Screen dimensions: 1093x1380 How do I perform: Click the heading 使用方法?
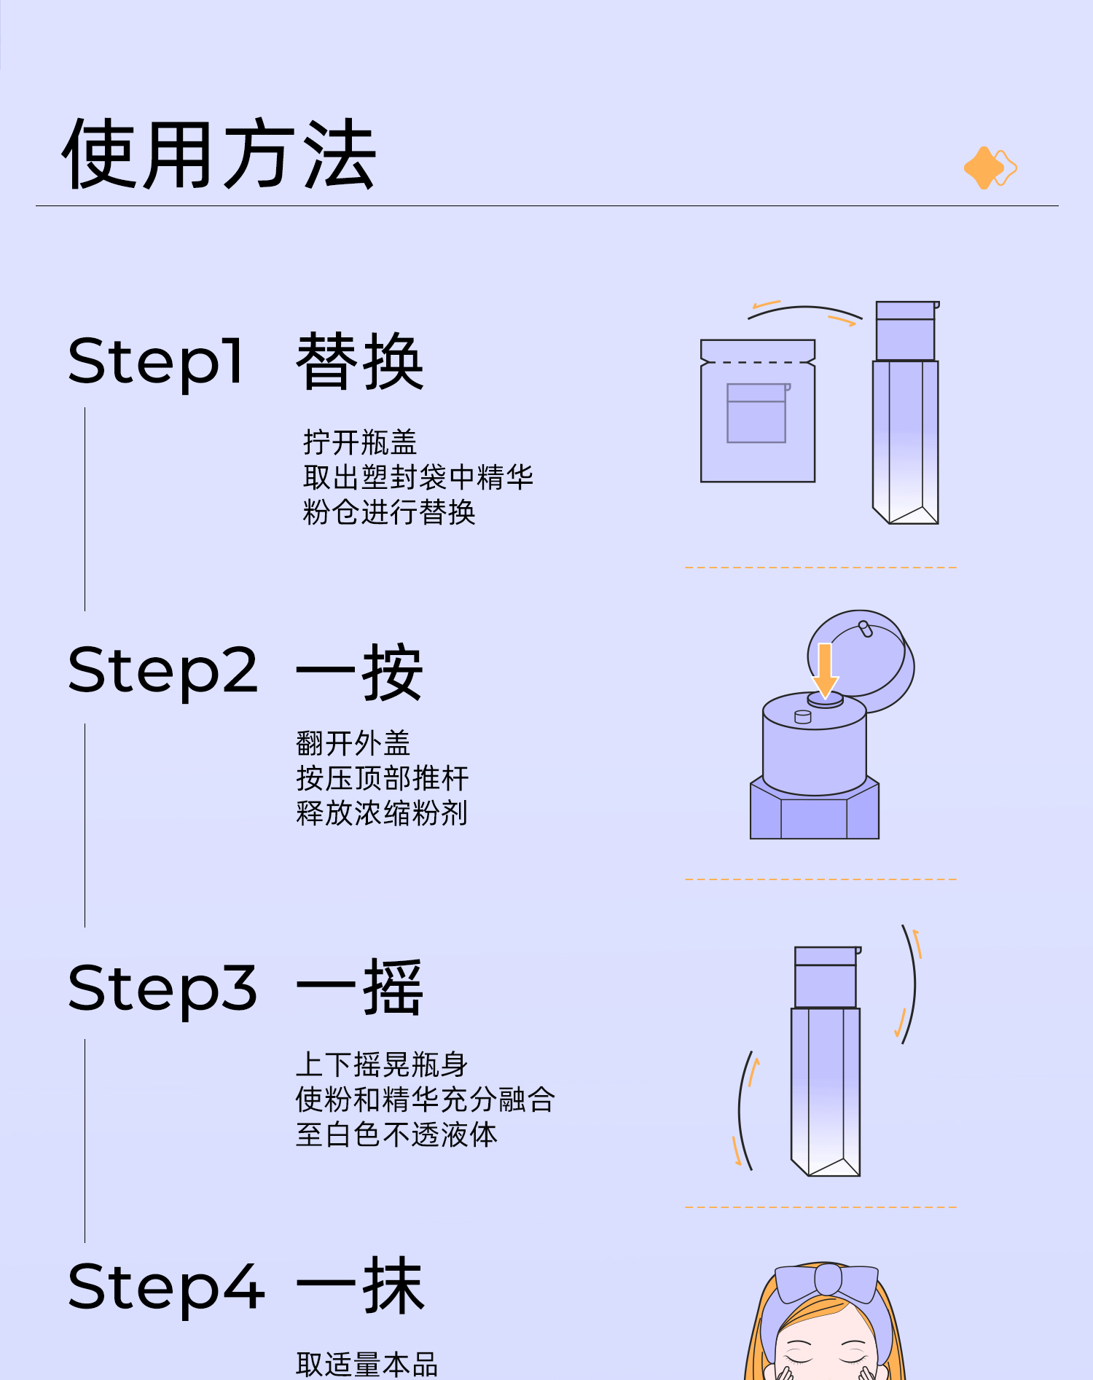coord(219,154)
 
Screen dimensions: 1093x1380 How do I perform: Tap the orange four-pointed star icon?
coord(984,168)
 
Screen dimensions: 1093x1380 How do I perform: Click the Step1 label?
coord(155,361)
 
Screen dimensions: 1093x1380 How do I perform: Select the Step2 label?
coord(162,671)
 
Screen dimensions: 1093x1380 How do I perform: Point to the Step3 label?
coord(162,989)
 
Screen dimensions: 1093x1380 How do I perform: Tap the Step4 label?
coord(165,1287)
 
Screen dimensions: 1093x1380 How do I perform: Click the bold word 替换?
coord(359,361)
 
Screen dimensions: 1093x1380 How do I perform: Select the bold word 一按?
coord(359,671)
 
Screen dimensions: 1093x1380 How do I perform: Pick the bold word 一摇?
coord(359,989)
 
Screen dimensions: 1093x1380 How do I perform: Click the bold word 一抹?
coord(359,1287)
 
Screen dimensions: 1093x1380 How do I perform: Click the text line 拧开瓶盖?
coord(360,442)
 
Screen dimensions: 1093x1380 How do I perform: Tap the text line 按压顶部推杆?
coord(382,778)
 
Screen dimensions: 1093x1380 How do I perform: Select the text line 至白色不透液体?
coord(396,1134)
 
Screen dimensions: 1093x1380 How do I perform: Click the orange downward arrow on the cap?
coord(825,669)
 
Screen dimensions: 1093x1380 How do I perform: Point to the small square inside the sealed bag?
coord(756,413)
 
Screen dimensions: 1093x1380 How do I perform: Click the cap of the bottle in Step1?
coord(906,332)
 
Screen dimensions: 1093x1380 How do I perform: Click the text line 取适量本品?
coord(367,1364)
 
